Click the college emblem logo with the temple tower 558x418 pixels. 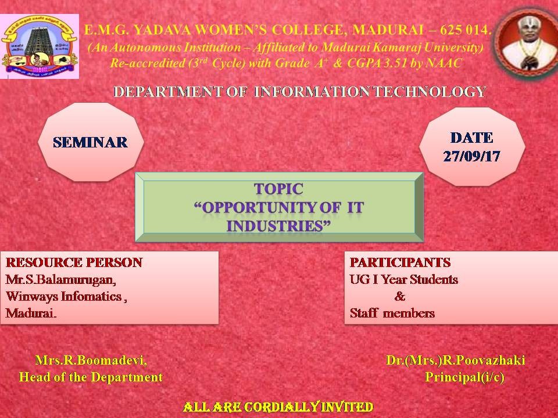(x=40, y=46)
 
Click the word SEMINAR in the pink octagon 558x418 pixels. (x=91, y=143)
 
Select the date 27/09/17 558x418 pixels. (x=472, y=156)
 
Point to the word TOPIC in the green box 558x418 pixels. (x=278, y=189)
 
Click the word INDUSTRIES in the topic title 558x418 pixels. (x=275, y=226)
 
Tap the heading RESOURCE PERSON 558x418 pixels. (x=74, y=262)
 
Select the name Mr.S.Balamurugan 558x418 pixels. (x=60, y=280)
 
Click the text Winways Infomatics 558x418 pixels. (x=64, y=297)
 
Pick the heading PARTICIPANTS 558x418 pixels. (x=400, y=262)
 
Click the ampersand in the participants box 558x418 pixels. (x=400, y=297)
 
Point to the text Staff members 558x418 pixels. (x=392, y=313)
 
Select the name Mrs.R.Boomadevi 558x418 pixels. (x=91, y=361)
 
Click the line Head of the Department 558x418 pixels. (x=91, y=377)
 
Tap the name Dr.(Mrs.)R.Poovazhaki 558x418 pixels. (x=456, y=361)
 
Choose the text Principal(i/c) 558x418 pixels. (x=464, y=377)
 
